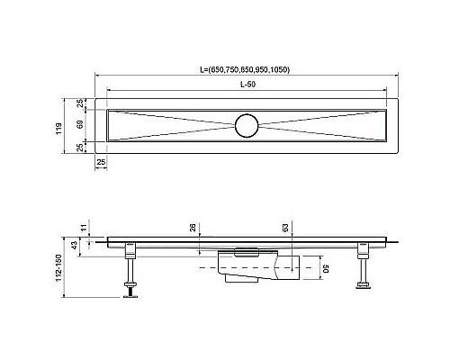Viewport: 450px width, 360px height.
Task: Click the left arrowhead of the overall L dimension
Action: [x=96, y=76]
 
